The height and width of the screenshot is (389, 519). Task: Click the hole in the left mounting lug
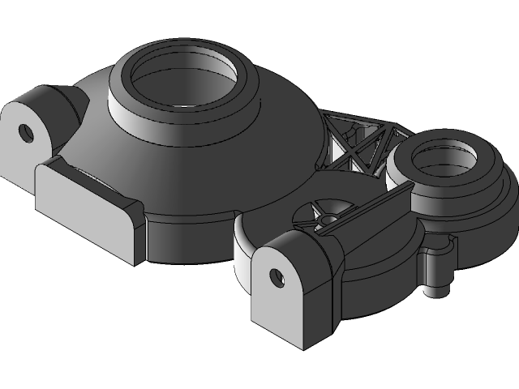point(27,131)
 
